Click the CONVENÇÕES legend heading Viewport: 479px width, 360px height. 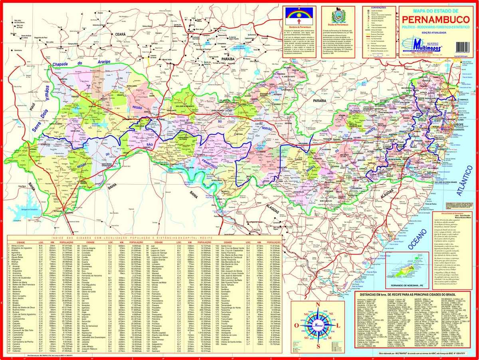(379, 7)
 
